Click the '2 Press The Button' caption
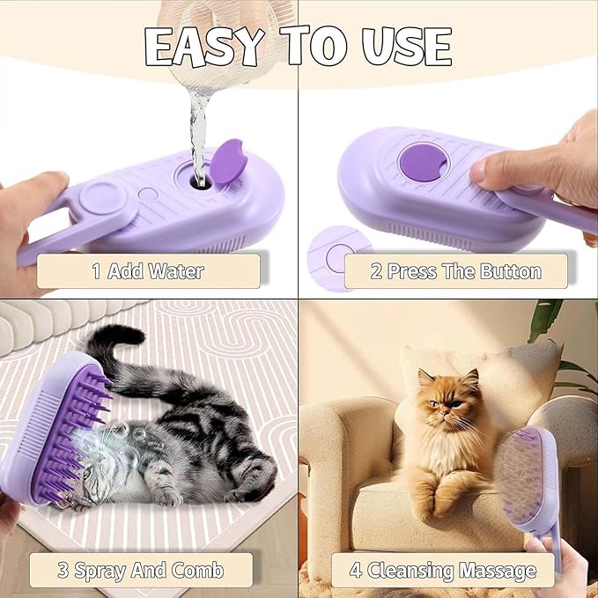coord(455,270)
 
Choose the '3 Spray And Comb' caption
coord(141,570)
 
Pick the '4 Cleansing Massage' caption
coord(442,570)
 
